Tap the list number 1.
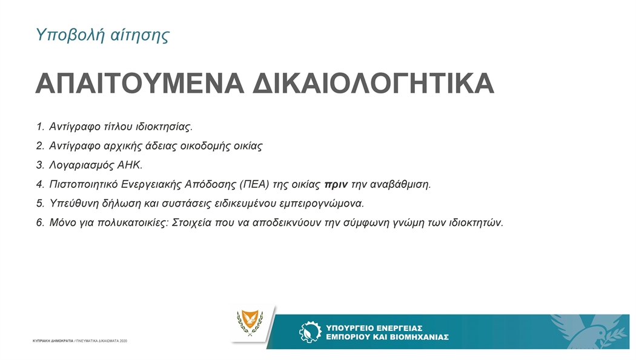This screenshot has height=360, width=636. click(x=40, y=127)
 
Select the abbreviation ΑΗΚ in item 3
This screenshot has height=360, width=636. click(x=129, y=165)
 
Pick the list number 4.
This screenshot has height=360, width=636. click(x=40, y=184)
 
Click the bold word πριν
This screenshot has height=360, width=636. click(x=336, y=185)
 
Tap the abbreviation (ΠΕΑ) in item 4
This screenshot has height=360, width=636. click(x=254, y=184)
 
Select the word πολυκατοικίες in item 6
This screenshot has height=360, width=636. click(x=133, y=223)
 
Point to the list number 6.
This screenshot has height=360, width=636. click(x=40, y=223)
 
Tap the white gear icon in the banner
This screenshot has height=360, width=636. click(x=310, y=332)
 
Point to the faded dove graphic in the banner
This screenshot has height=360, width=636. click(x=589, y=332)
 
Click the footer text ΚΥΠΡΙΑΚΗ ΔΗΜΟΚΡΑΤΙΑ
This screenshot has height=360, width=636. click(x=53, y=341)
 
